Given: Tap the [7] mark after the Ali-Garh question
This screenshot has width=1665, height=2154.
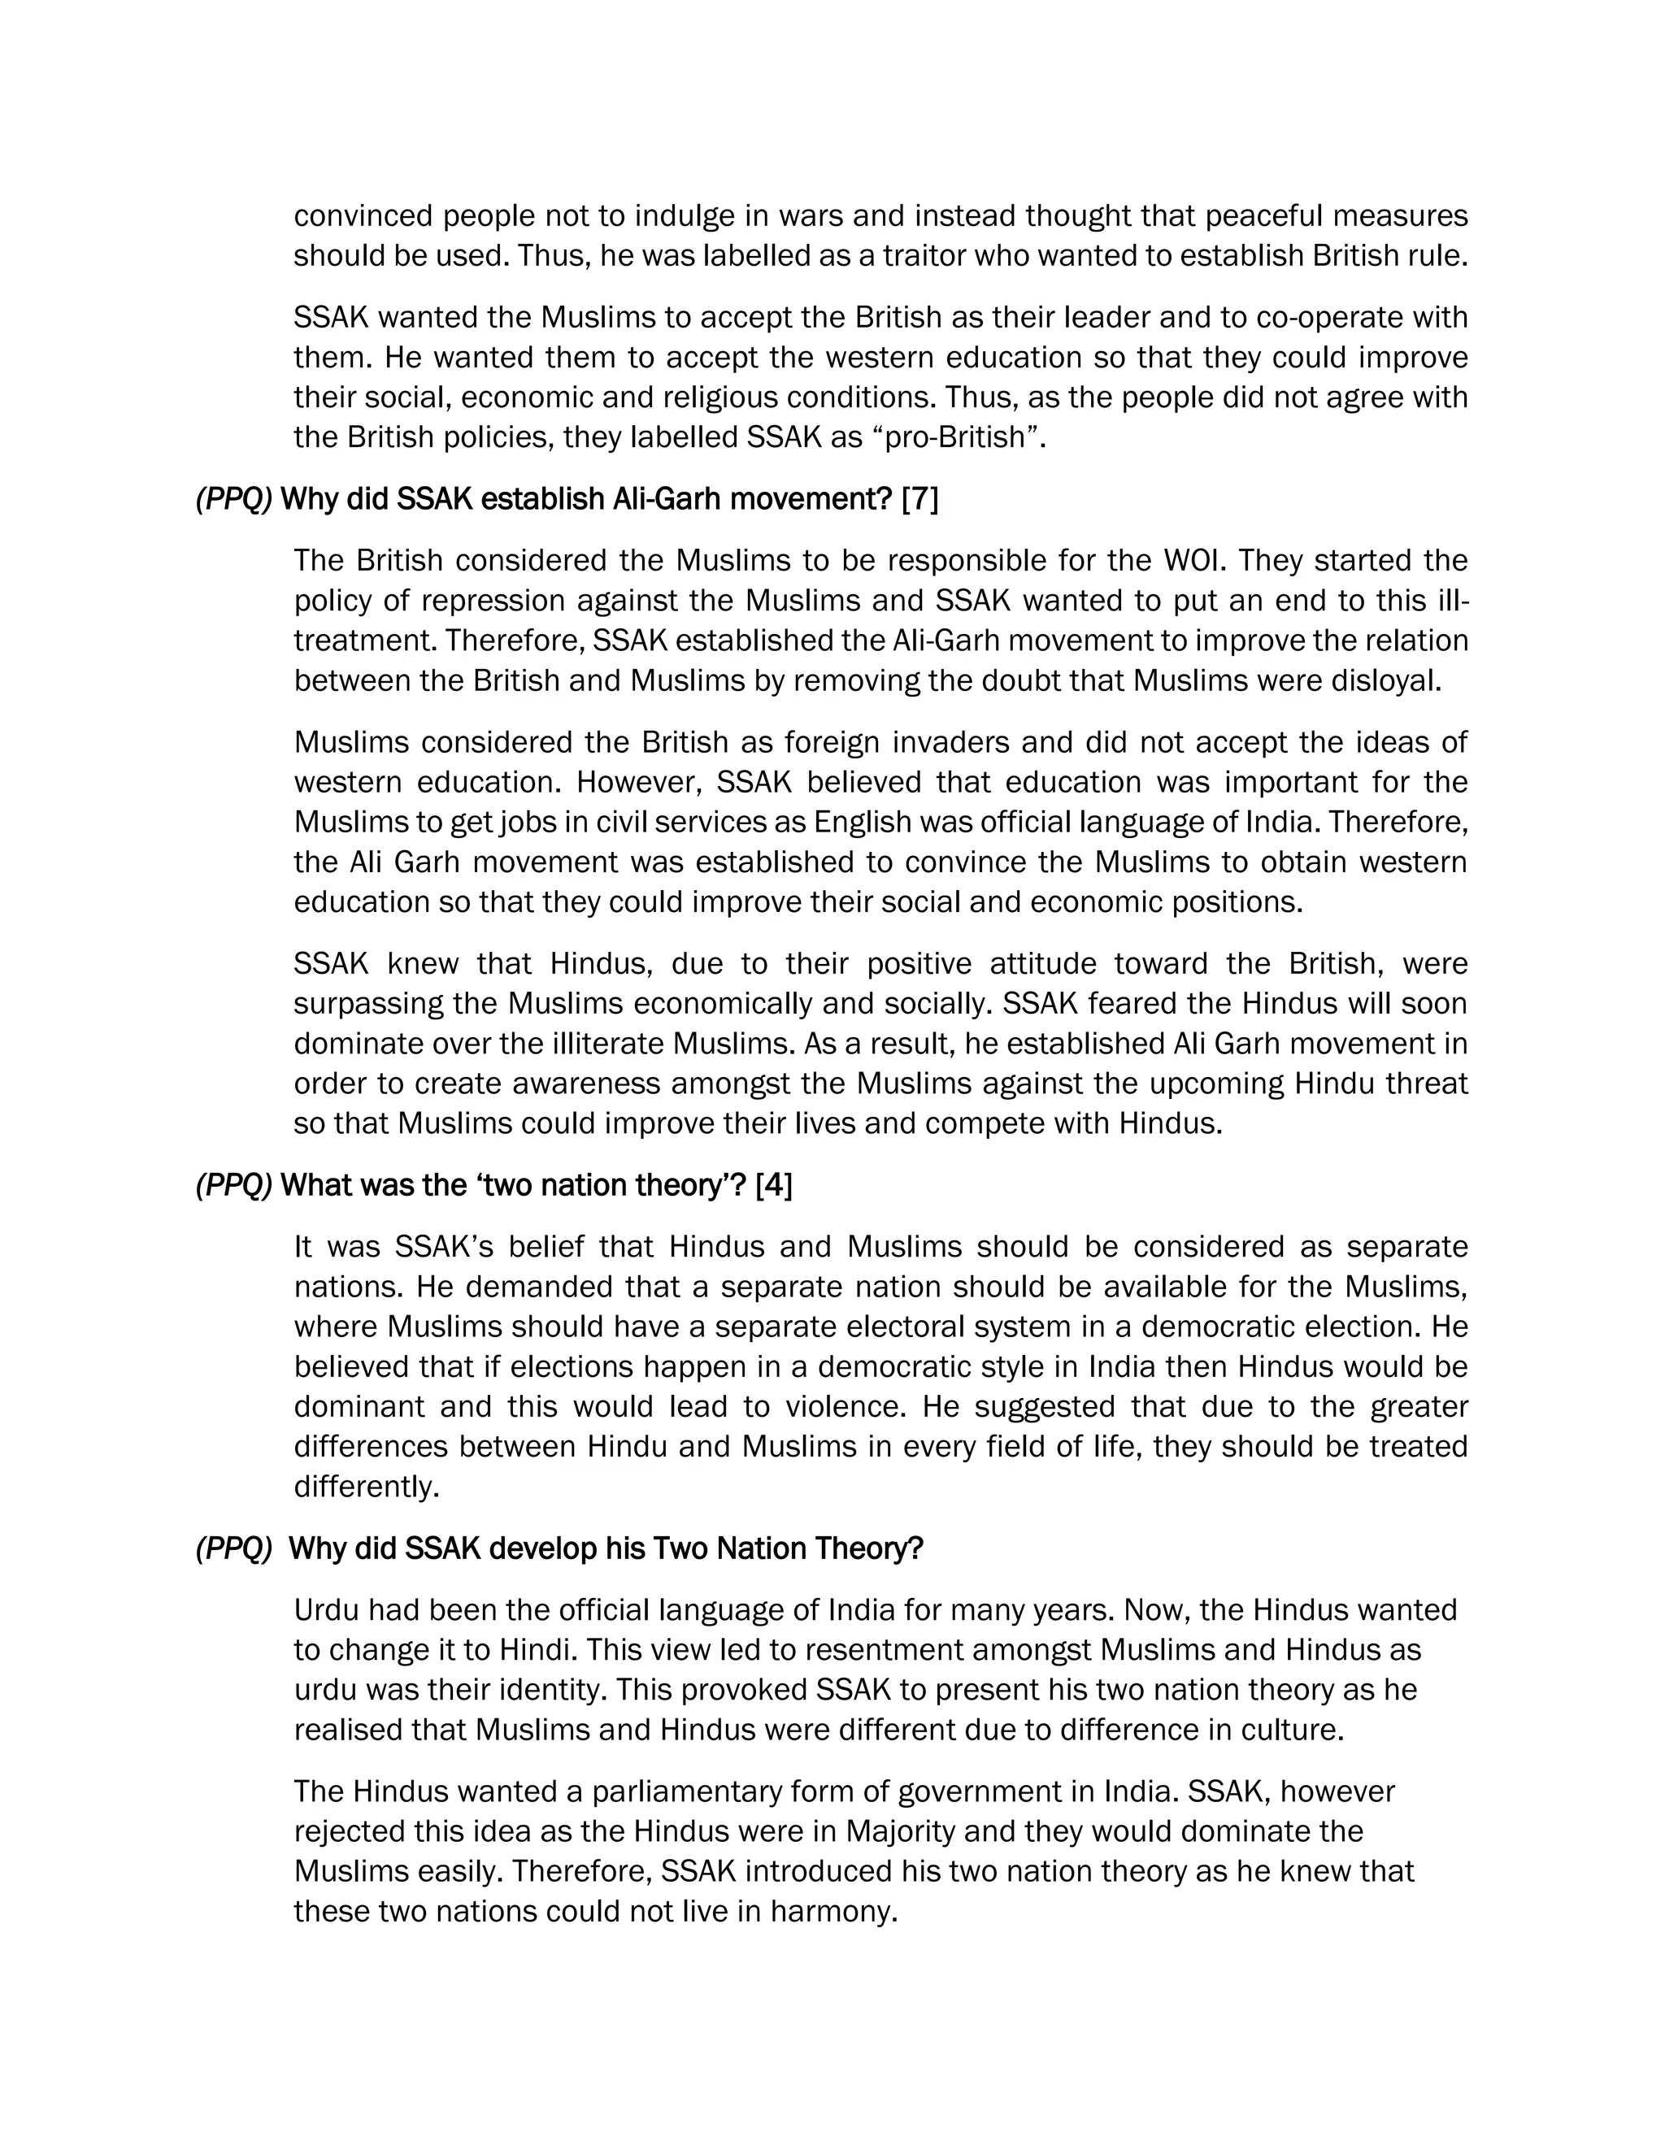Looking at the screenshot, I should [x=919, y=499].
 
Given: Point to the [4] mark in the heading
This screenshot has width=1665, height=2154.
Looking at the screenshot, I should [x=773, y=1184].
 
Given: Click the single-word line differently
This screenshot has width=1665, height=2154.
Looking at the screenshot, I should [x=366, y=1487].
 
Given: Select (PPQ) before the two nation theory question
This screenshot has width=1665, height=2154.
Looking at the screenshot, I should [x=234, y=1184].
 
